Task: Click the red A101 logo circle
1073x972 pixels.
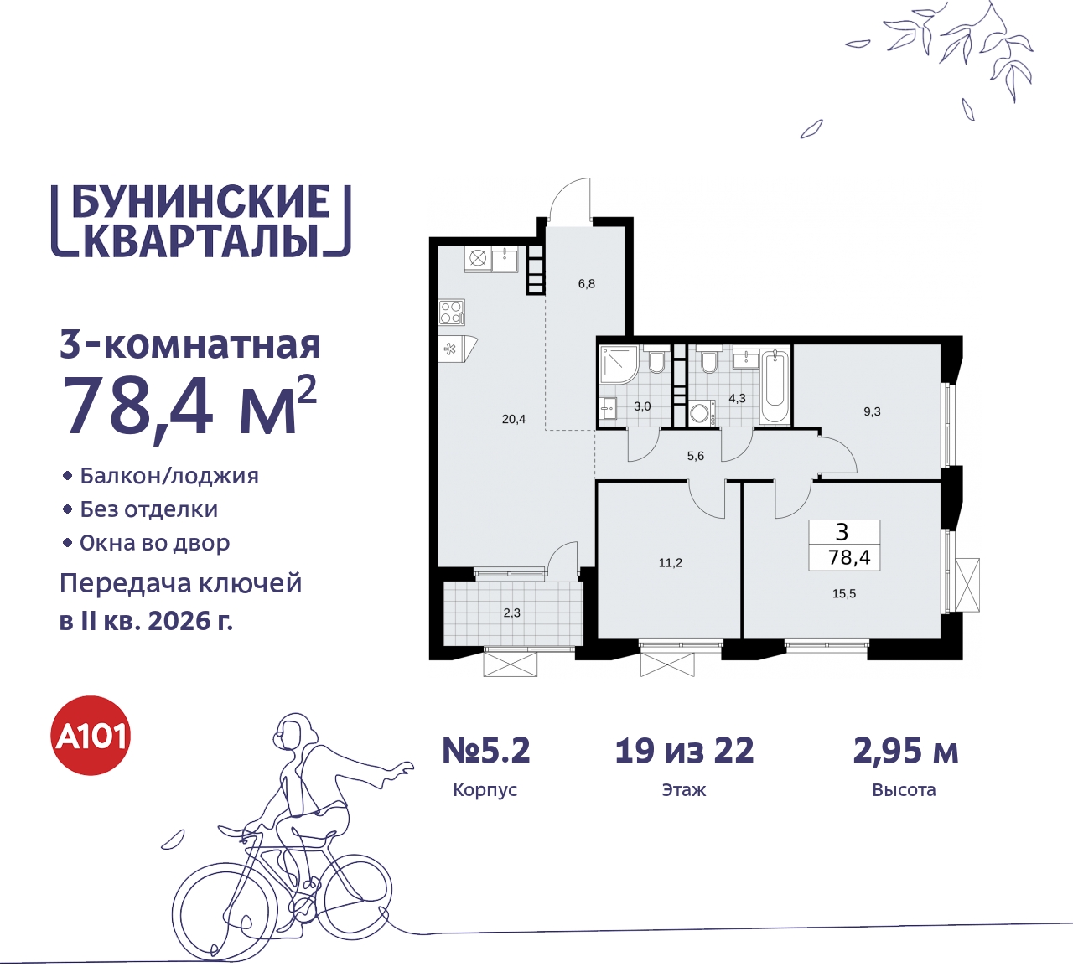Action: click(x=91, y=736)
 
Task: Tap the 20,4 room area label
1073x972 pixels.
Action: click(x=514, y=419)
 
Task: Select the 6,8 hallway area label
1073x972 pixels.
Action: click(x=586, y=284)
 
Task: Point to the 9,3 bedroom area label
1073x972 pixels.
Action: click(x=872, y=411)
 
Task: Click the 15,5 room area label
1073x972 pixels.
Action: click(x=843, y=593)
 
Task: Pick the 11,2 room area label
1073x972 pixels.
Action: click(x=670, y=562)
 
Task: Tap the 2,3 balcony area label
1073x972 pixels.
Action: click(x=511, y=613)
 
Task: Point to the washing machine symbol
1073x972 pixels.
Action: click(x=700, y=413)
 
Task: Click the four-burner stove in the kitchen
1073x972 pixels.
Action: click(x=451, y=313)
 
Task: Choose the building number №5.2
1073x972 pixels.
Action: click(x=486, y=751)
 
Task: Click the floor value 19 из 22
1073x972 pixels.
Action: click(x=684, y=751)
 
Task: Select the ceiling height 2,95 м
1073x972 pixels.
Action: click(x=905, y=751)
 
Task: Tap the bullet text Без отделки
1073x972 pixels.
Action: click(x=148, y=509)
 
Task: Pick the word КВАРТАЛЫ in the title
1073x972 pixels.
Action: click(x=202, y=240)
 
